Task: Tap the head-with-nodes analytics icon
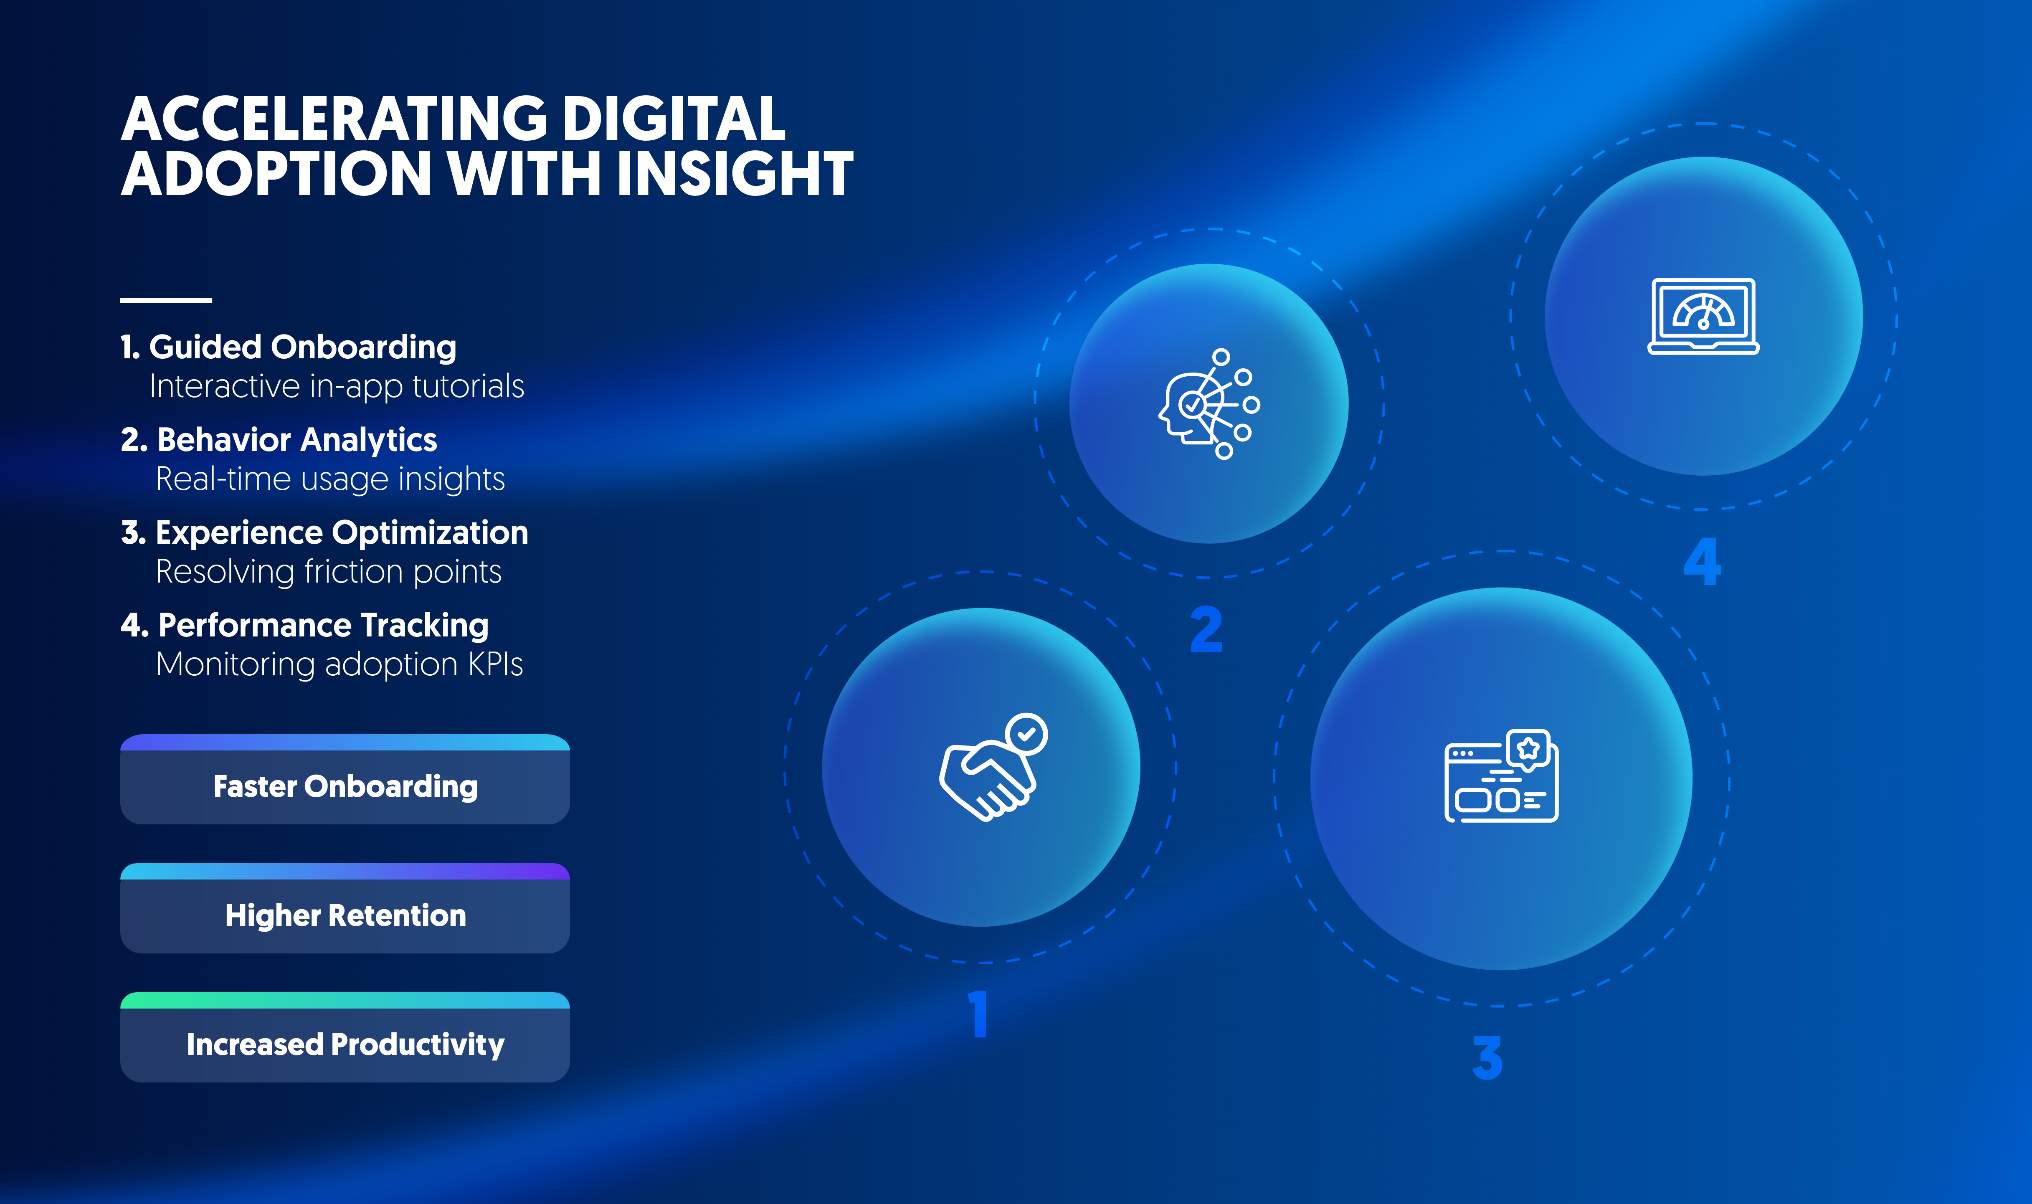tap(1209, 404)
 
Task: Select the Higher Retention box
tap(345, 908)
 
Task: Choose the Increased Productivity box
tap(345, 1037)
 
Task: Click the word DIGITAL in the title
tap(674, 119)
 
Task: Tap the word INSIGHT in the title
tap(735, 174)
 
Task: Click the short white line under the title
tap(166, 300)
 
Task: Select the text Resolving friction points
tap(329, 572)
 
